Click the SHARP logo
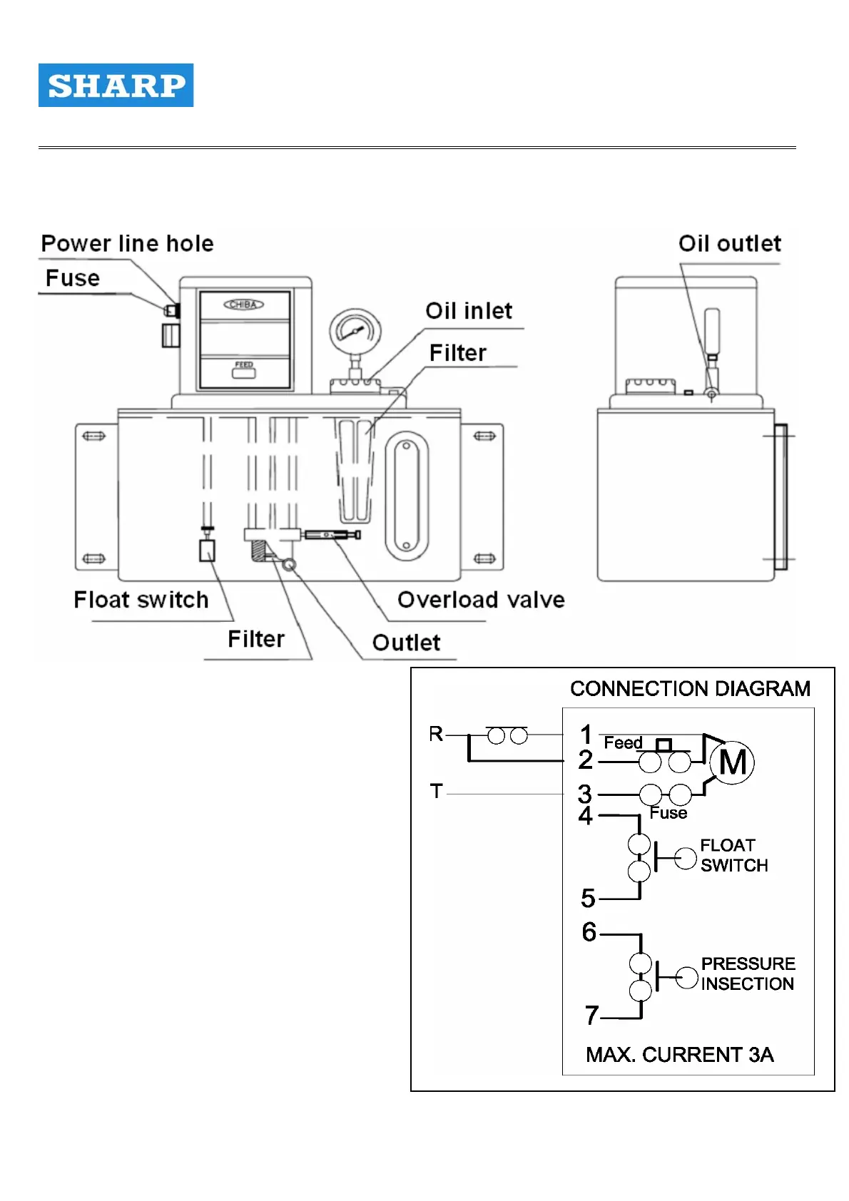[x=116, y=86]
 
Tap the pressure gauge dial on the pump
[x=355, y=332]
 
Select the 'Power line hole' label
[x=127, y=244]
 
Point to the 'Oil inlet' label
[x=469, y=311]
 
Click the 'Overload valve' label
[x=481, y=600]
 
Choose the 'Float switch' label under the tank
[x=141, y=600]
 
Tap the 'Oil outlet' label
[x=729, y=244]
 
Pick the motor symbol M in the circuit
[x=733, y=762]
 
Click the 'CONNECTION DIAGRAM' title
[x=690, y=689]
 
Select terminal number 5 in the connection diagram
[x=588, y=899]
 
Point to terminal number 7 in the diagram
[x=591, y=1015]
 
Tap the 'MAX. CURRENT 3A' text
[x=679, y=1055]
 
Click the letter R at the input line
[x=436, y=734]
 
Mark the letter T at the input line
[x=437, y=791]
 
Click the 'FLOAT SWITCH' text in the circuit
[x=734, y=855]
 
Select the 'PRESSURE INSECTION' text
[x=747, y=973]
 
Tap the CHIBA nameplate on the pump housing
[x=244, y=305]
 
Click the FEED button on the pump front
[x=244, y=369]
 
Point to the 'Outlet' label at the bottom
[x=406, y=643]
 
